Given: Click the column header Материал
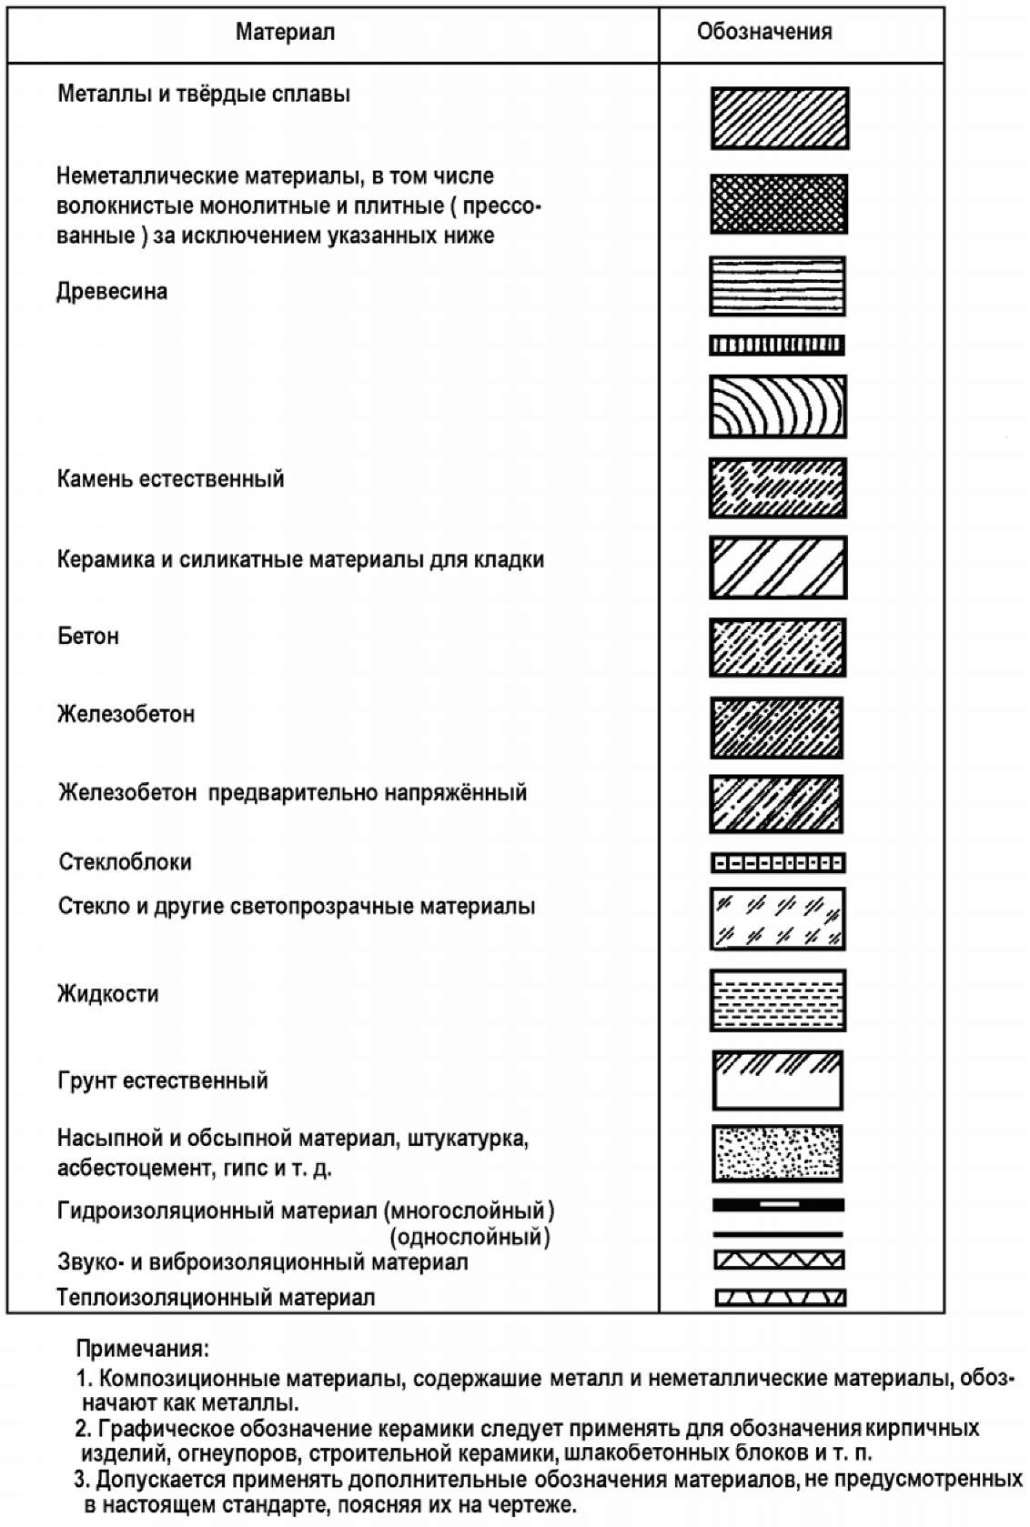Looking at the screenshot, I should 285,33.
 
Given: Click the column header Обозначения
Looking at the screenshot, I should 763,32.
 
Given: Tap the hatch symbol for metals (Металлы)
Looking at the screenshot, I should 779,118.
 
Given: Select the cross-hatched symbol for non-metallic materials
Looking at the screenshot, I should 778,204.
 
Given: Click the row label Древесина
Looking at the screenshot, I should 112,292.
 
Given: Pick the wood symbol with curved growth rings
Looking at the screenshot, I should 777,407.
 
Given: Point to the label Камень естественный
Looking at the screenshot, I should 170,478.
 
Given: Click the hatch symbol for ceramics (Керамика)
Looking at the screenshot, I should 778,568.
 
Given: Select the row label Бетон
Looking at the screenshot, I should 88,636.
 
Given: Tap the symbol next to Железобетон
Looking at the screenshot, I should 776,728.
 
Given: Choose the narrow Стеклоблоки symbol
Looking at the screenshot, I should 777,862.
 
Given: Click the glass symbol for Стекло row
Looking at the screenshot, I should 777,919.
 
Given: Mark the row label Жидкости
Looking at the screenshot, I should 107,993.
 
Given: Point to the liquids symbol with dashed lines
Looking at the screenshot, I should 777,1000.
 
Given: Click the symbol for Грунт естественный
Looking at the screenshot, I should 777,1080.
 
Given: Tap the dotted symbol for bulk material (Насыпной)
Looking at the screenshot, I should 777,1154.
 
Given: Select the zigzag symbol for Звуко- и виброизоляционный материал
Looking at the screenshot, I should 779,1260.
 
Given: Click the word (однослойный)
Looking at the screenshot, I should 470,1237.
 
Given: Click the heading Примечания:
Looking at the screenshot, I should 142,1348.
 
